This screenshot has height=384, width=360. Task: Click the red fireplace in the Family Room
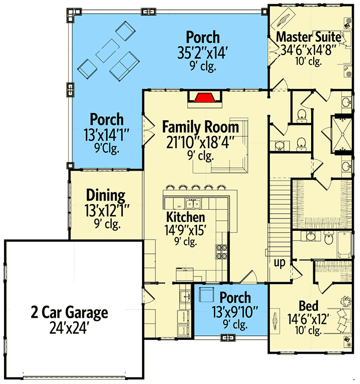pyautogui.click(x=205, y=98)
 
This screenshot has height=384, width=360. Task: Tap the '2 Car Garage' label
pyautogui.click(x=69, y=313)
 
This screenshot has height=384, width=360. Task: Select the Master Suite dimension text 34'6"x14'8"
pyautogui.click(x=308, y=50)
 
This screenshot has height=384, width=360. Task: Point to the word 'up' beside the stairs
pyautogui.click(x=280, y=263)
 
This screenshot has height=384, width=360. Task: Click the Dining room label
pyautogui.click(x=105, y=195)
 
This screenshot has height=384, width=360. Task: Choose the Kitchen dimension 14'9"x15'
pyautogui.click(x=185, y=230)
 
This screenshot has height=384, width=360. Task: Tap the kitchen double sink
pyautogui.click(x=193, y=204)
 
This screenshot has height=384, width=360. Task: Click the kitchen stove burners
pyautogui.click(x=221, y=252)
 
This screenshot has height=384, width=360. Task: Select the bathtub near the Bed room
pyautogui.click(x=345, y=244)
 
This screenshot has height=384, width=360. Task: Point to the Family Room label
pyautogui.click(x=201, y=127)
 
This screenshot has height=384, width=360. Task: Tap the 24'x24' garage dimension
pyautogui.click(x=69, y=327)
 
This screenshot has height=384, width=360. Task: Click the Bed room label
pyautogui.click(x=309, y=306)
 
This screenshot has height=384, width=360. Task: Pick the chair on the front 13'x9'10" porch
pyautogui.click(x=206, y=295)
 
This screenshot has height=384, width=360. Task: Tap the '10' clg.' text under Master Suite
pyautogui.click(x=308, y=62)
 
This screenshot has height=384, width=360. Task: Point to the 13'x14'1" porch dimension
pyautogui.click(x=106, y=135)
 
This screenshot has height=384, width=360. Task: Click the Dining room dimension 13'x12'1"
pyautogui.click(x=106, y=211)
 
